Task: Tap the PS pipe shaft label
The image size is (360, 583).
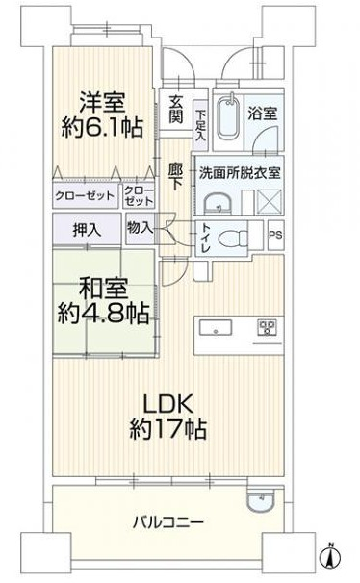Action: [275, 236]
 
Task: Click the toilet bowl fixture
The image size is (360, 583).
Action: [233, 238]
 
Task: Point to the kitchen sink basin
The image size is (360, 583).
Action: [216, 328]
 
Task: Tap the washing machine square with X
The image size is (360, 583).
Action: [269, 202]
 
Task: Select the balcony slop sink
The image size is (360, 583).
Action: [261, 499]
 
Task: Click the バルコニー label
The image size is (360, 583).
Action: [168, 522]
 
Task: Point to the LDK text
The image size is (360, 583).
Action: [168, 404]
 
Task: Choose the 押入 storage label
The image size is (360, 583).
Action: [87, 230]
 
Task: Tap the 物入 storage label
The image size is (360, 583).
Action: [140, 228]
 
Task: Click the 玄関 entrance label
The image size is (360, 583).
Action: [176, 109]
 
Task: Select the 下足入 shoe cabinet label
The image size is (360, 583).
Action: [200, 124]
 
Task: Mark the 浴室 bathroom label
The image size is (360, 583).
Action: [263, 113]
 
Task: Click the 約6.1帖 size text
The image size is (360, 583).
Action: [102, 127]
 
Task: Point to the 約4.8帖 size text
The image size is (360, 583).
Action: [103, 313]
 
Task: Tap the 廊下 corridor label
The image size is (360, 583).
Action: [175, 177]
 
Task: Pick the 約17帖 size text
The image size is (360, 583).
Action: [168, 429]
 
